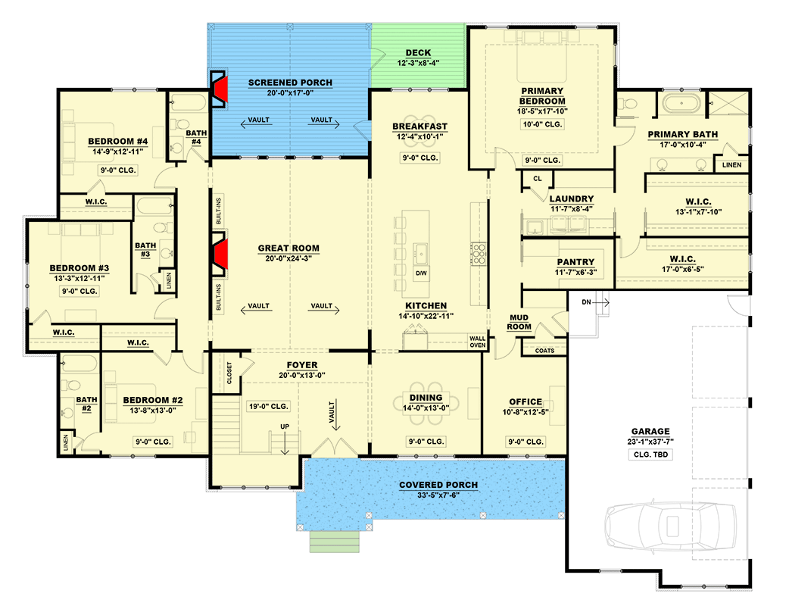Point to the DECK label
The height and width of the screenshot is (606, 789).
click(418, 53)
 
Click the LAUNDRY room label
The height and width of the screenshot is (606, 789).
click(572, 199)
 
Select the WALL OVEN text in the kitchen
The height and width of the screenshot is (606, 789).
click(477, 342)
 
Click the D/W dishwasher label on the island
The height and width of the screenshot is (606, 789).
click(421, 272)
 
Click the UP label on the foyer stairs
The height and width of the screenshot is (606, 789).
click(285, 426)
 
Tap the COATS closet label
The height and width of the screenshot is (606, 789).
click(544, 351)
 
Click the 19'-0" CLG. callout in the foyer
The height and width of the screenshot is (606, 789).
click(262, 406)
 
